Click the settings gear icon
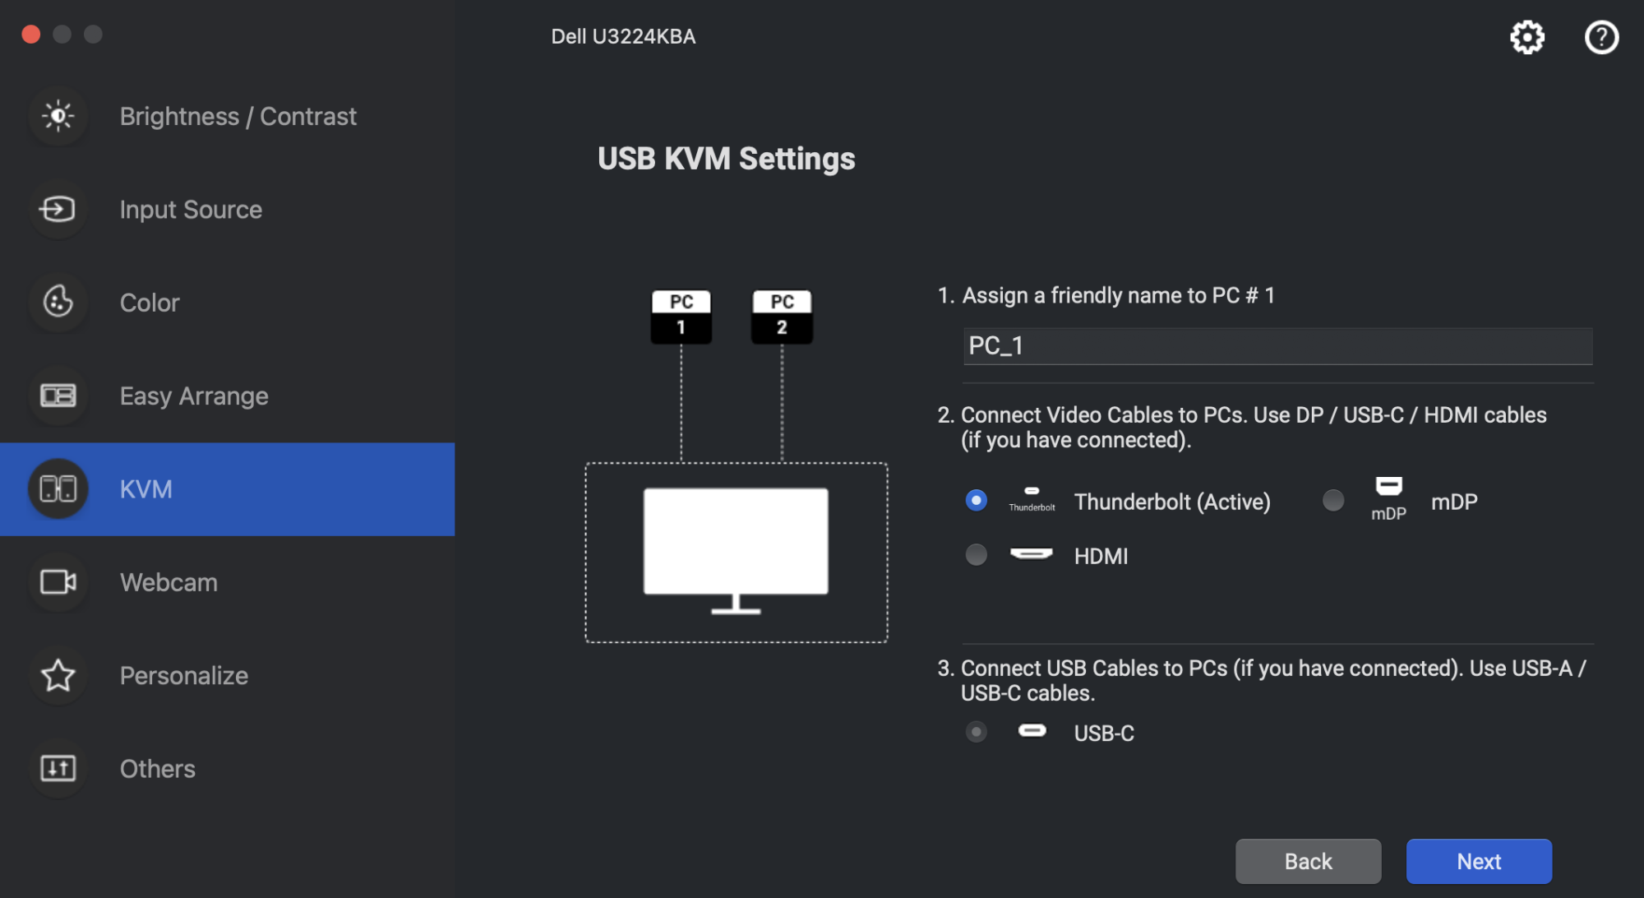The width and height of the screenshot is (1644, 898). point(1527,37)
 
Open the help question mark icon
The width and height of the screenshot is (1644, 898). point(1601,37)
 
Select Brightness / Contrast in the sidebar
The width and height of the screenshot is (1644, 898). point(238,116)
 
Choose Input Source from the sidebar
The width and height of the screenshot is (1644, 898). point(191,210)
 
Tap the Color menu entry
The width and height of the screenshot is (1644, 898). point(150,303)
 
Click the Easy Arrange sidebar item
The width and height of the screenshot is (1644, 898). point(194,396)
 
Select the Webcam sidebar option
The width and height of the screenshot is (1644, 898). point(169,582)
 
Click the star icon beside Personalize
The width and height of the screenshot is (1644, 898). point(58,675)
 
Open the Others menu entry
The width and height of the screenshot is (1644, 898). point(158,769)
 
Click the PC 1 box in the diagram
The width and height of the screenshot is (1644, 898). point(681,316)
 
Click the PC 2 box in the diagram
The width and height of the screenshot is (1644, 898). point(782,316)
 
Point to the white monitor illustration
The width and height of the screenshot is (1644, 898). point(736,543)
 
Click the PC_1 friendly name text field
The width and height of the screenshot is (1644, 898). point(1277,346)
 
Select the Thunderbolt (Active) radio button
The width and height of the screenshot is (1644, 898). point(976,500)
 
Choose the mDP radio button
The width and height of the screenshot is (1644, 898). point(1333,500)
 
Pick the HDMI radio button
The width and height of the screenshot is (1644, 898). point(976,555)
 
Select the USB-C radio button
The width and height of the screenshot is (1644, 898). point(976,732)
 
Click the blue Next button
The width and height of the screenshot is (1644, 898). point(1479,861)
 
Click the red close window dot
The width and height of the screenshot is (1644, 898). point(31,34)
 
